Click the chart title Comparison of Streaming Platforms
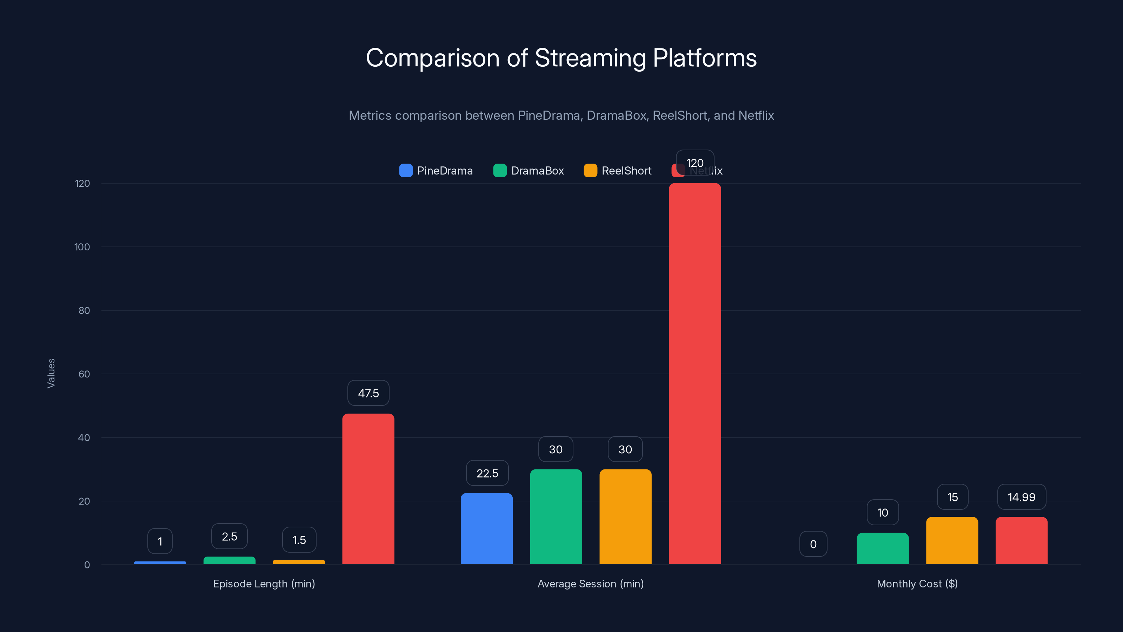point(561,58)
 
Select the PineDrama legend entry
point(436,171)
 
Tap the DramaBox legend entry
point(529,171)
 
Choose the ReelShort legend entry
point(618,171)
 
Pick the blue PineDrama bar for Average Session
point(486,529)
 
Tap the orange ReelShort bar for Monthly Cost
point(952,540)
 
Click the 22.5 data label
point(487,473)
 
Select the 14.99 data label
point(1022,497)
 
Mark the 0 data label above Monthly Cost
point(813,544)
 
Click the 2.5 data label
point(229,536)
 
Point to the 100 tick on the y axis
point(82,247)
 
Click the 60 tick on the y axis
point(84,374)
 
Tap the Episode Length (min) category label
point(264,584)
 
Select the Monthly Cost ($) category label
point(917,584)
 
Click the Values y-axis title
point(51,373)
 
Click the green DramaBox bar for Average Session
point(556,517)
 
